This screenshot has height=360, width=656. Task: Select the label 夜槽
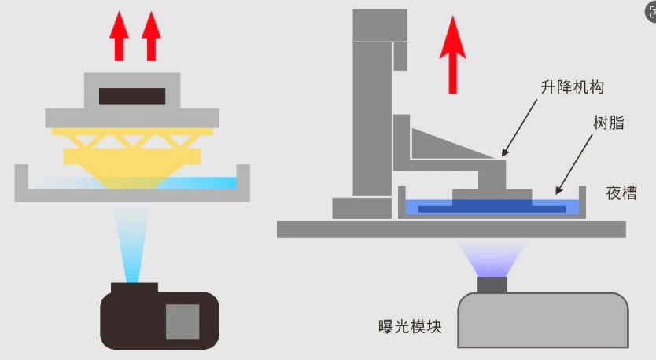click(621, 193)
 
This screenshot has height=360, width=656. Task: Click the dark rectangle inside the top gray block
click(132, 96)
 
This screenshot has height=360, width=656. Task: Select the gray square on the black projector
click(182, 321)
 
